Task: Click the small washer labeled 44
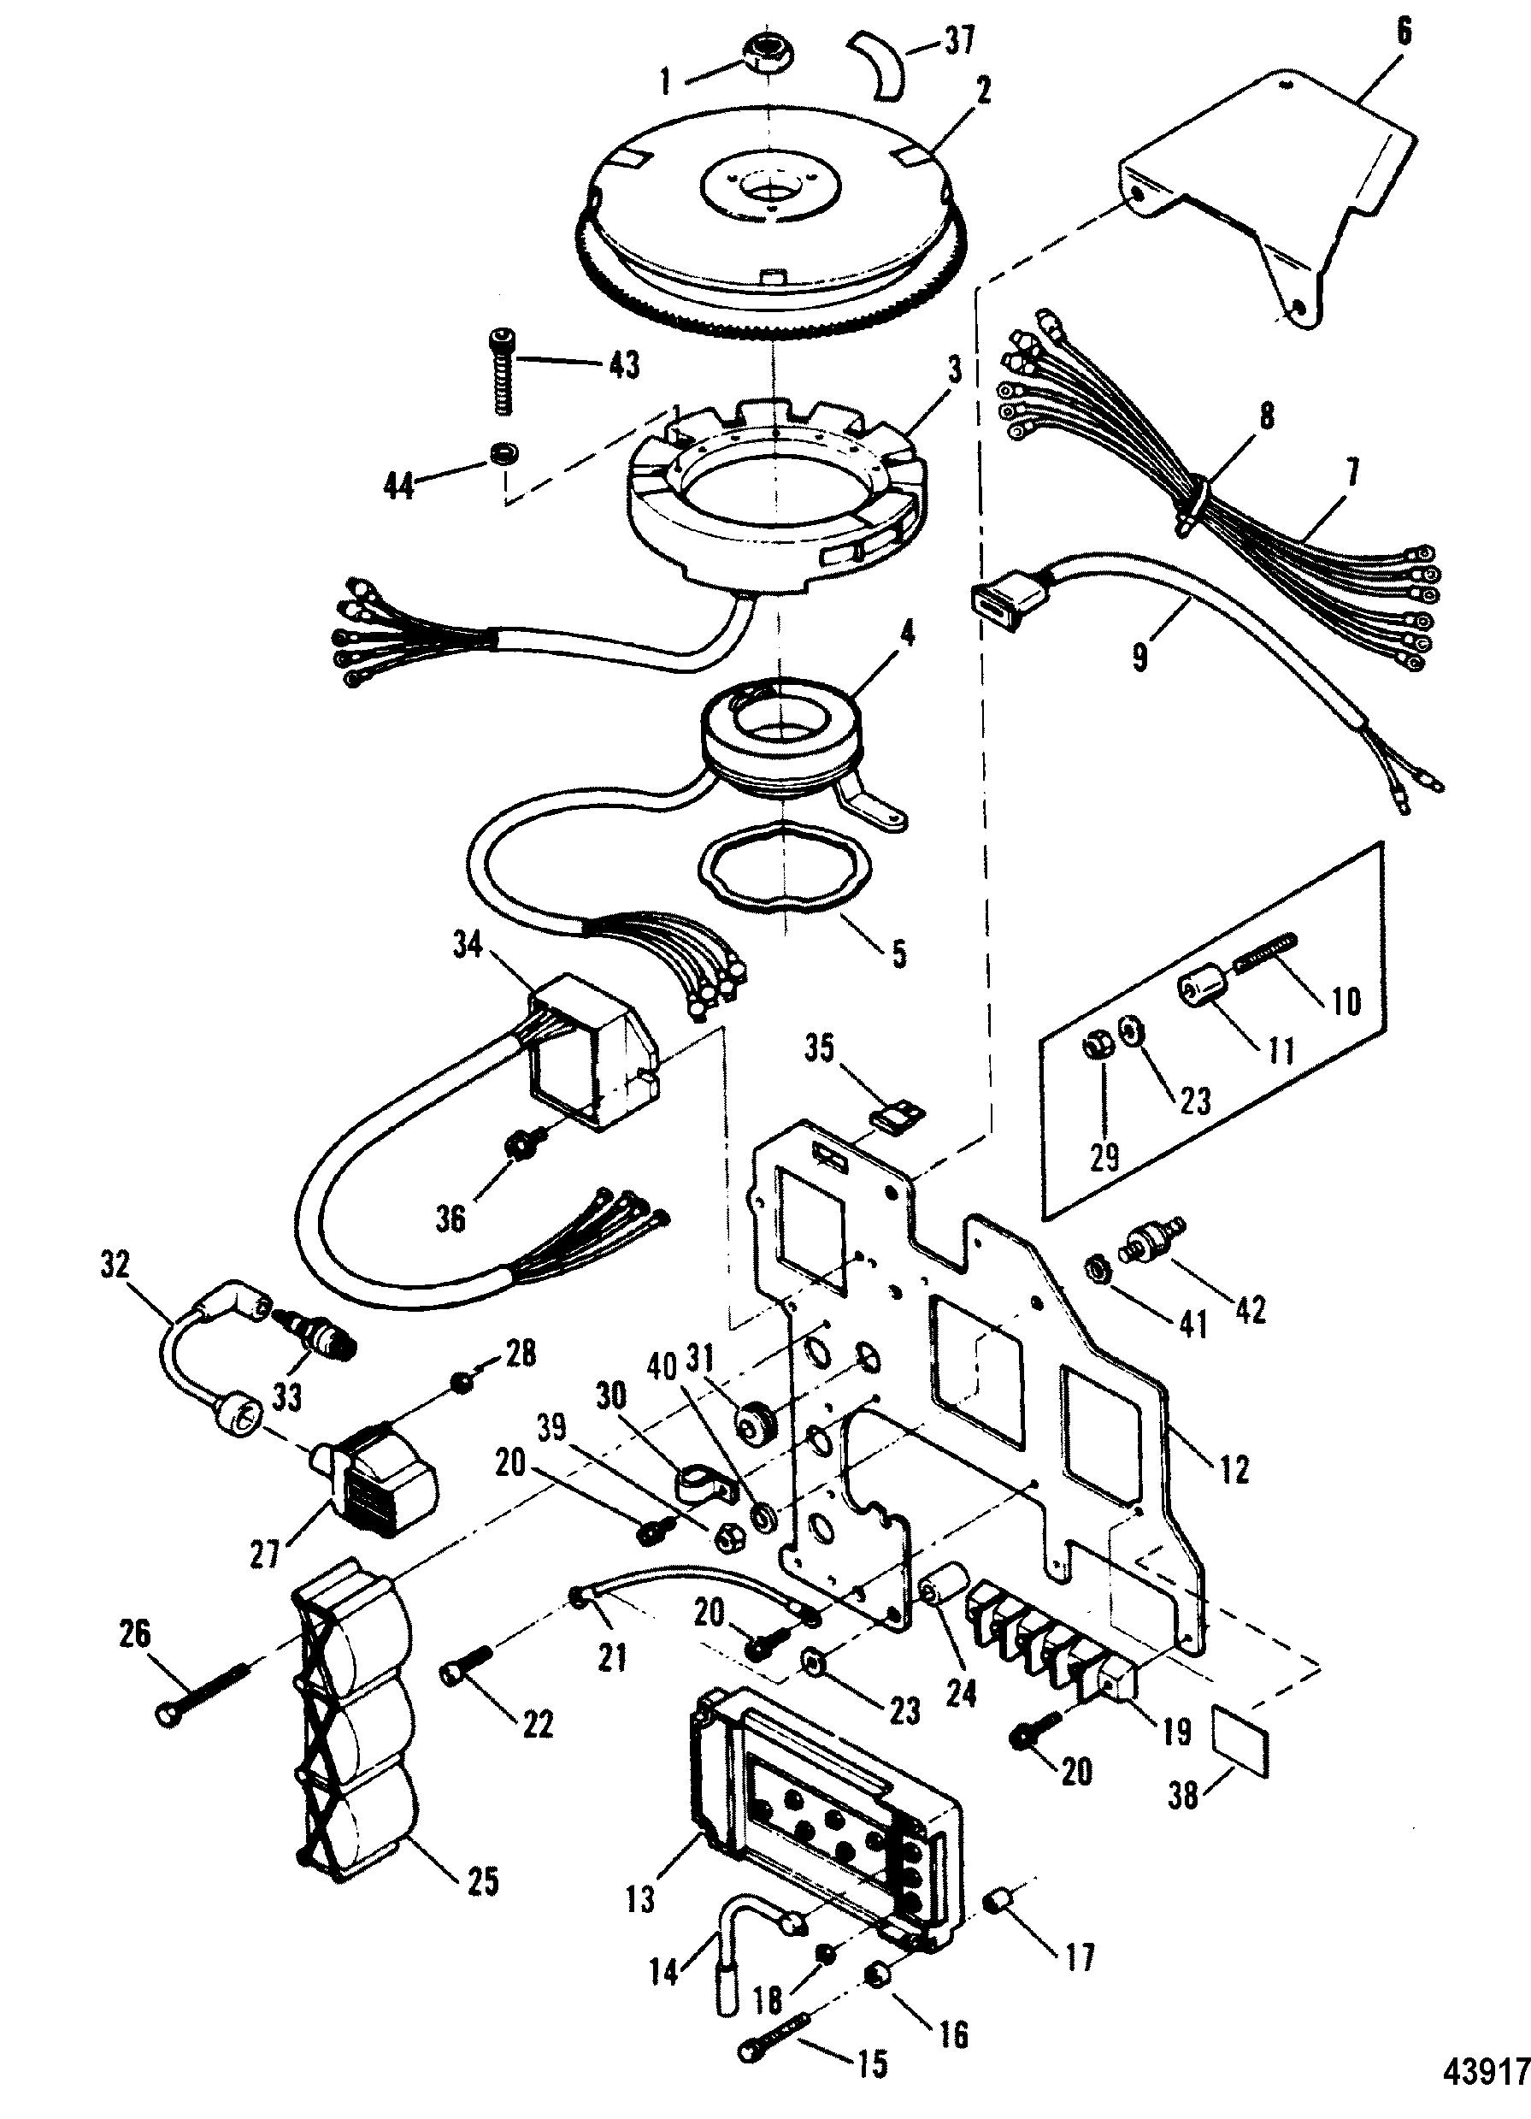click(504, 455)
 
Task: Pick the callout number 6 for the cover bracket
click(1404, 32)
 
